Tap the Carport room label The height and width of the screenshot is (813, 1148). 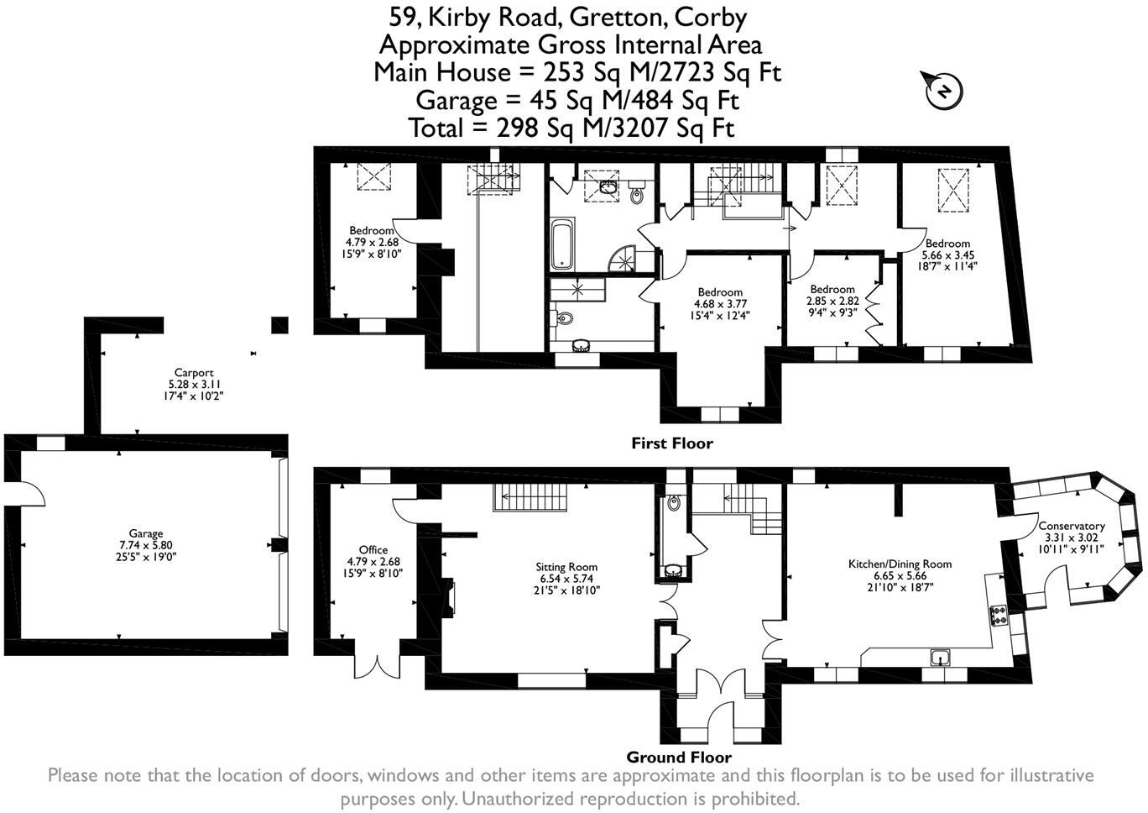[x=194, y=373]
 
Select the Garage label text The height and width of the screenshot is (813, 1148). [x=146, y=533]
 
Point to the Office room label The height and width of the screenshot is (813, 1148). [x=373, y=550]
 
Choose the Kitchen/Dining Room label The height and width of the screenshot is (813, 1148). [x=900, y=564]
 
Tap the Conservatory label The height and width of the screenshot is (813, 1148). [x=1072, y=527]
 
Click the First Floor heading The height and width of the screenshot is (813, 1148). [x=671, y=443]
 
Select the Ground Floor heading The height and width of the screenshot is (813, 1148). [x=679, y=757]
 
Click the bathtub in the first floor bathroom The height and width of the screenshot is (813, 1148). [x=561, y=243]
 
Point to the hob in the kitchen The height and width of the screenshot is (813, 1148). [x=999, y=616]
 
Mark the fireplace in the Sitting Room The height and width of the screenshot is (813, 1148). [x=449, y=593]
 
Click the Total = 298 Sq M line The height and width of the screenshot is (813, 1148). [x=571, y=129]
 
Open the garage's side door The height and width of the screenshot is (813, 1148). [x=25, y=493]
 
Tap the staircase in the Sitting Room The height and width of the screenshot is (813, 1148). [x=530, y=497]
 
